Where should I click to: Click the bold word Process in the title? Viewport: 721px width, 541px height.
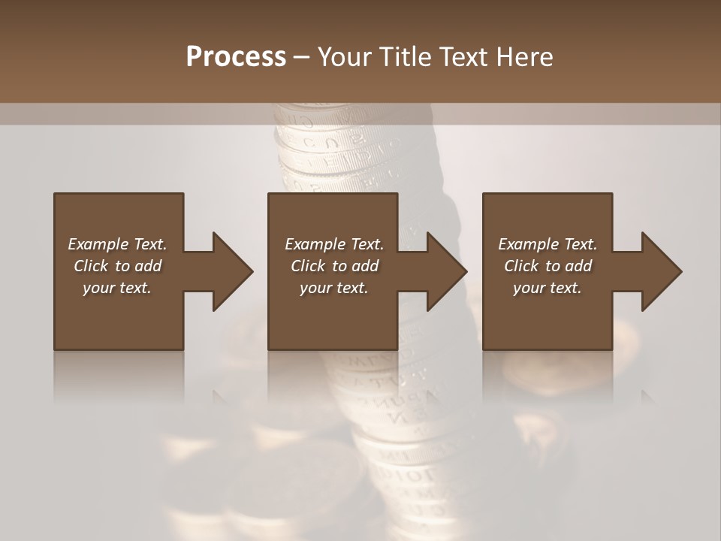(x=236, y=57)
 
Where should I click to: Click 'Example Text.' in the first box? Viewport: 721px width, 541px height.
(x=117, y=244)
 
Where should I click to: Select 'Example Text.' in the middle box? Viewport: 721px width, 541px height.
(x=333, y=244)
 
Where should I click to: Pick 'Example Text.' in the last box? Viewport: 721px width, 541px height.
(x=548, y=244)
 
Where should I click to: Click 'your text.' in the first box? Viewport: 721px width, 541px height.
(x=117, y=288)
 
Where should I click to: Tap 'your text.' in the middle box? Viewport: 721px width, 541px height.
(x=333, y=288)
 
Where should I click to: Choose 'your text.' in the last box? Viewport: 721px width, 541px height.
(x=548, y=288)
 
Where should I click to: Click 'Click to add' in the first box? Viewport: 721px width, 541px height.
(x=117, y=266)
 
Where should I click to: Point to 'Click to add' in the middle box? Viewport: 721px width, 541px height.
(x=333, y=266)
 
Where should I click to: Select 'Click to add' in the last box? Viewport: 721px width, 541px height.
(x=548, y=266)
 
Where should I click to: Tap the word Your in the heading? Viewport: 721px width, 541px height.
(x=342, y=57)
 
